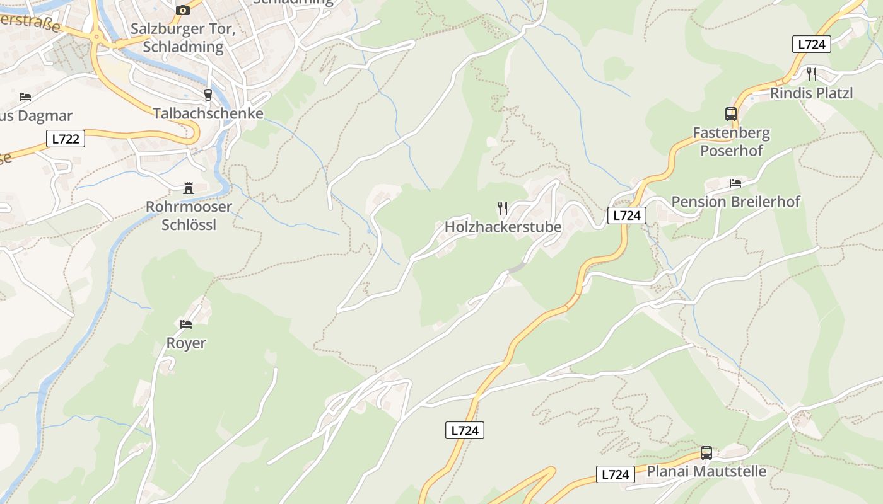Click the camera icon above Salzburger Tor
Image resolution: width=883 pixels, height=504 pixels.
pyautogui.click(x=183, y=10)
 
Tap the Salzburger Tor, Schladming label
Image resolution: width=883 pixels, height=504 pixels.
pyautogui.click(x=177, y=38)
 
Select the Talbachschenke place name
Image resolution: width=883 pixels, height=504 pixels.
pyautogui.click(x=208, y=113)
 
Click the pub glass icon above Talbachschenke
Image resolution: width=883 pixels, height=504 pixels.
pyautogui.click(x=208, y=95)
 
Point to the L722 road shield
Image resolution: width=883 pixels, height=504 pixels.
pyautogui.click(x=66, y=139)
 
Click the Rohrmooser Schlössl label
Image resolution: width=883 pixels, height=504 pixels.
pyautogui.click(x=189, y=215)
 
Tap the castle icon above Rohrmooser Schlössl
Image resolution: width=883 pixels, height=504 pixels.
pyautogui.click(x=188, y=188)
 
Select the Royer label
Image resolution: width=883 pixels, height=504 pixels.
pyautogui.click(x=186, y=343)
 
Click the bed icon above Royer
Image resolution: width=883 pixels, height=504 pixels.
pyautogui.click(x=186, y=324)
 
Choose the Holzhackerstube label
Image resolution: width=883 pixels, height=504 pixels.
pyautogui.click(x=503, y=226)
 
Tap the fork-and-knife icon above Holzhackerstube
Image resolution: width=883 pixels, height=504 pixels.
pyautogui.click(x=503, y=208)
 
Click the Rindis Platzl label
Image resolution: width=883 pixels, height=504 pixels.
pyautogui.click(x=811, y=93)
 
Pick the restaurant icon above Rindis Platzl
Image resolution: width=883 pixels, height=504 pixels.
pyautogui.click(x=812, y=74)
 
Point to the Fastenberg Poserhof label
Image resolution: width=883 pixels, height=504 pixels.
pyautogui.click(x=731, y=142)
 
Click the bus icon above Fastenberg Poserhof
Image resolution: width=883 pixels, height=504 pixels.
pyautogui.click(x=731, y=114)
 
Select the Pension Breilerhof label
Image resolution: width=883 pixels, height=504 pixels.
pyautogui.click(x=735, y=202)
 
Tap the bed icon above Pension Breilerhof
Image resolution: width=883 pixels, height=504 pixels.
pyautogui.click(x=735, y=183)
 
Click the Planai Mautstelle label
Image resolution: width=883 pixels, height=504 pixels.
pyautogui.click(x=706, y=471)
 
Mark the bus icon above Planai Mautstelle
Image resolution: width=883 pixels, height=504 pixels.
pyautogui.click(x=706, y=453)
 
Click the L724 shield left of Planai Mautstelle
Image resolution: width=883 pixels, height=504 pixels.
pyautogui.click(x=616, y=474)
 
